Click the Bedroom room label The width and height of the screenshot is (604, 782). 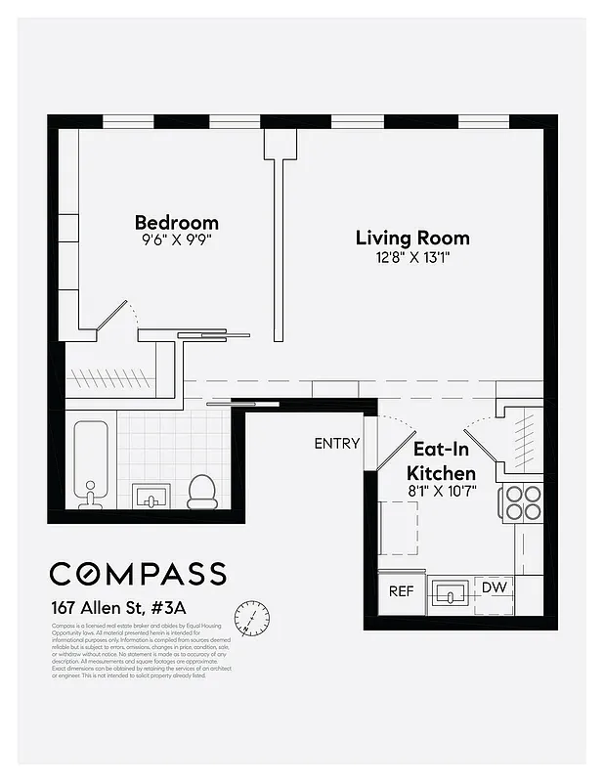tap(176, 222)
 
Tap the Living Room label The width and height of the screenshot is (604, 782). tap(411, 238)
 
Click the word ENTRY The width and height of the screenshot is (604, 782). tap(336, 443)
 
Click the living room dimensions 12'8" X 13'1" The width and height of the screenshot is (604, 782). tap(411, 257)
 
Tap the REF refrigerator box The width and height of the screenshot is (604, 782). tap(401, 590)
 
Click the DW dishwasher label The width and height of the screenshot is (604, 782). tap(494, 587)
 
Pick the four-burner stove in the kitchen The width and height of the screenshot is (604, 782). tap(523, 501)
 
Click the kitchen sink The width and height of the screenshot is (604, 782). tap(451, 593)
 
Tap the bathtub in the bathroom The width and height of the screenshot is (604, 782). tap(90, 464)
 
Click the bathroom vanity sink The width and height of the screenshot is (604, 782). tap(151, 497)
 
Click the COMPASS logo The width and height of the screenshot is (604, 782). tap(138, 574)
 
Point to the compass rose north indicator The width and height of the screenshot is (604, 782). tap(252, 618)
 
